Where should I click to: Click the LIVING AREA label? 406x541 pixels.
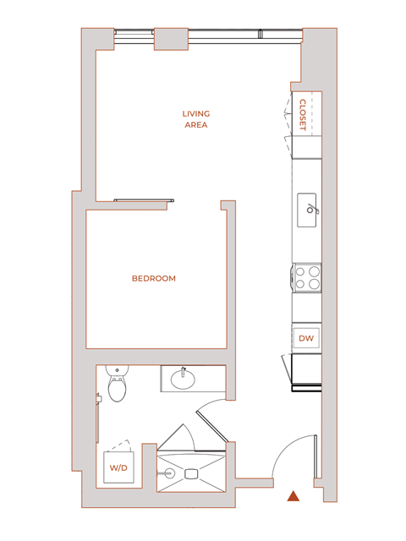(x=196, y=119)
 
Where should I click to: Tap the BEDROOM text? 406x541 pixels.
(x=154, y=278)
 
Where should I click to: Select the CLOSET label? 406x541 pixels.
(x=304, y=114)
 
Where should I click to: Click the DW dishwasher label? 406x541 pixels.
(x=306, y=338)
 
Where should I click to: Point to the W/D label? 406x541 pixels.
(x=116, y=467)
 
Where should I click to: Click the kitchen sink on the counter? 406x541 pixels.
(x=307, y=205)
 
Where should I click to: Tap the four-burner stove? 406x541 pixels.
(x=307, y=277)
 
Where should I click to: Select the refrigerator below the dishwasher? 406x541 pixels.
(x=307, y=371)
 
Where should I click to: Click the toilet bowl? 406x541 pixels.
(x=117, y=391)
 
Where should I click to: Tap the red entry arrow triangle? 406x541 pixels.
(x=293, y=496)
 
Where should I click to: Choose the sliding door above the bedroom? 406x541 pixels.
(x=144, y=200)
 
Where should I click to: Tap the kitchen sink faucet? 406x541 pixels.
(x=311, y=208)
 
